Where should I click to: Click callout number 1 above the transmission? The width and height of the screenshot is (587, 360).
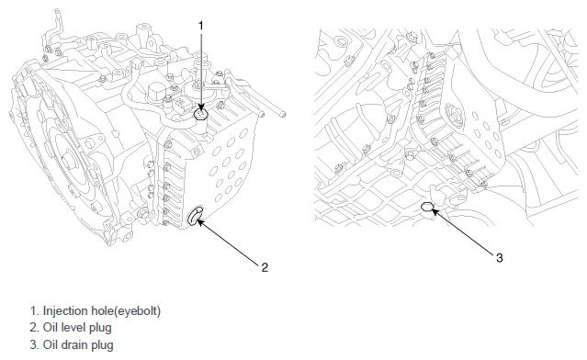[200, 26]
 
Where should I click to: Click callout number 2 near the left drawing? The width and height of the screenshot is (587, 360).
[265, 267]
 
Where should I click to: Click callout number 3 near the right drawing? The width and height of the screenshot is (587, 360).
[500, 258]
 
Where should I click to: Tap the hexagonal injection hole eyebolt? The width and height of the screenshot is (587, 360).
[201, 114]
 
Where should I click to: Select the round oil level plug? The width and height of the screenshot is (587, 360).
[195, 217]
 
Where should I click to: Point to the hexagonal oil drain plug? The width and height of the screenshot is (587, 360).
[427, 207]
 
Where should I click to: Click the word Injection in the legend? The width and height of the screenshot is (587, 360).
[66, 311]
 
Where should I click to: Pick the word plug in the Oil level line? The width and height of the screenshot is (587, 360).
[102, 329]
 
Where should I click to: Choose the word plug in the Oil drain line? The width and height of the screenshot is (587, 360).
[105, 346]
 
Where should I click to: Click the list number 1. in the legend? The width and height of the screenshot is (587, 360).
[34, 311]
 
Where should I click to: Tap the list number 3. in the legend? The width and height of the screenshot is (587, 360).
[34, 345]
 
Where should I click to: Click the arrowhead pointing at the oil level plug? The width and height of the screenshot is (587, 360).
[200, 221]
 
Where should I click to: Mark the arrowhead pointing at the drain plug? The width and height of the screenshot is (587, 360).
[435, 212]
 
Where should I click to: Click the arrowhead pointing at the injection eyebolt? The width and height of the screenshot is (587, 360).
[201, 108]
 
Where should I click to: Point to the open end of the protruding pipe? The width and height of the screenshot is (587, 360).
[283, 114]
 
